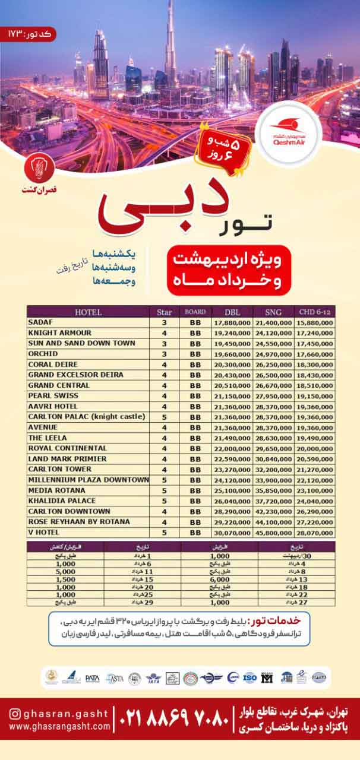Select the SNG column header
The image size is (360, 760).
[x=273, y=312]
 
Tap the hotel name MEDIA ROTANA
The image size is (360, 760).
[x=57, y=490]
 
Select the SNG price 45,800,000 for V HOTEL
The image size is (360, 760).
[x=273, y=533]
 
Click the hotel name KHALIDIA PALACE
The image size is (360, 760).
[x=61, y=501]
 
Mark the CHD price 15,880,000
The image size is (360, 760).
[x=314, y=322]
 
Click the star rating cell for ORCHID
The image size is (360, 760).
[x=164, y=354]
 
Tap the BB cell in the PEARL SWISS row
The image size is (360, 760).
[x=195, y=396]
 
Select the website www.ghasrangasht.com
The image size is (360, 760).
[x=60, y=726]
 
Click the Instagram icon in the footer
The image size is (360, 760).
[x=15, y=714]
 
